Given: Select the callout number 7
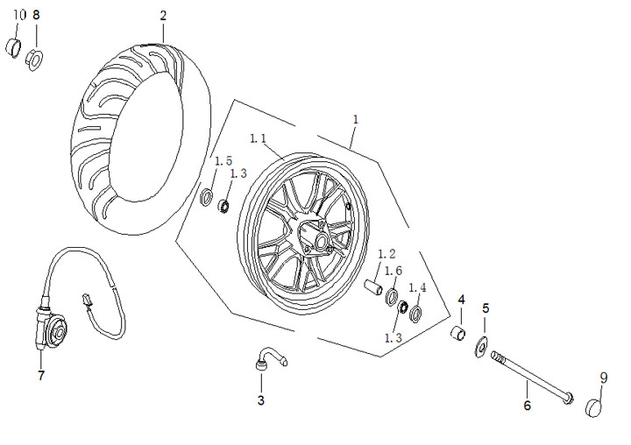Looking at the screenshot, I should [40, 375].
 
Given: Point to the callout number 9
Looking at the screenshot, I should [603, 378].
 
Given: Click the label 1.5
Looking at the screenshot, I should [223, 160].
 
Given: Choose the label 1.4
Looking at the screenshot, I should [418, 287].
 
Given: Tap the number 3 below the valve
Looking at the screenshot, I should [260, 400].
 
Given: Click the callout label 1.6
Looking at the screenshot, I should [393, 271].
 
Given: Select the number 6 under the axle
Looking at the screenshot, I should [527, 405].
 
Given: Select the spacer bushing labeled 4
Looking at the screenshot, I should [457, 335].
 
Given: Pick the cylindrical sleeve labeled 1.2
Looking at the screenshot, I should [372, 286].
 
